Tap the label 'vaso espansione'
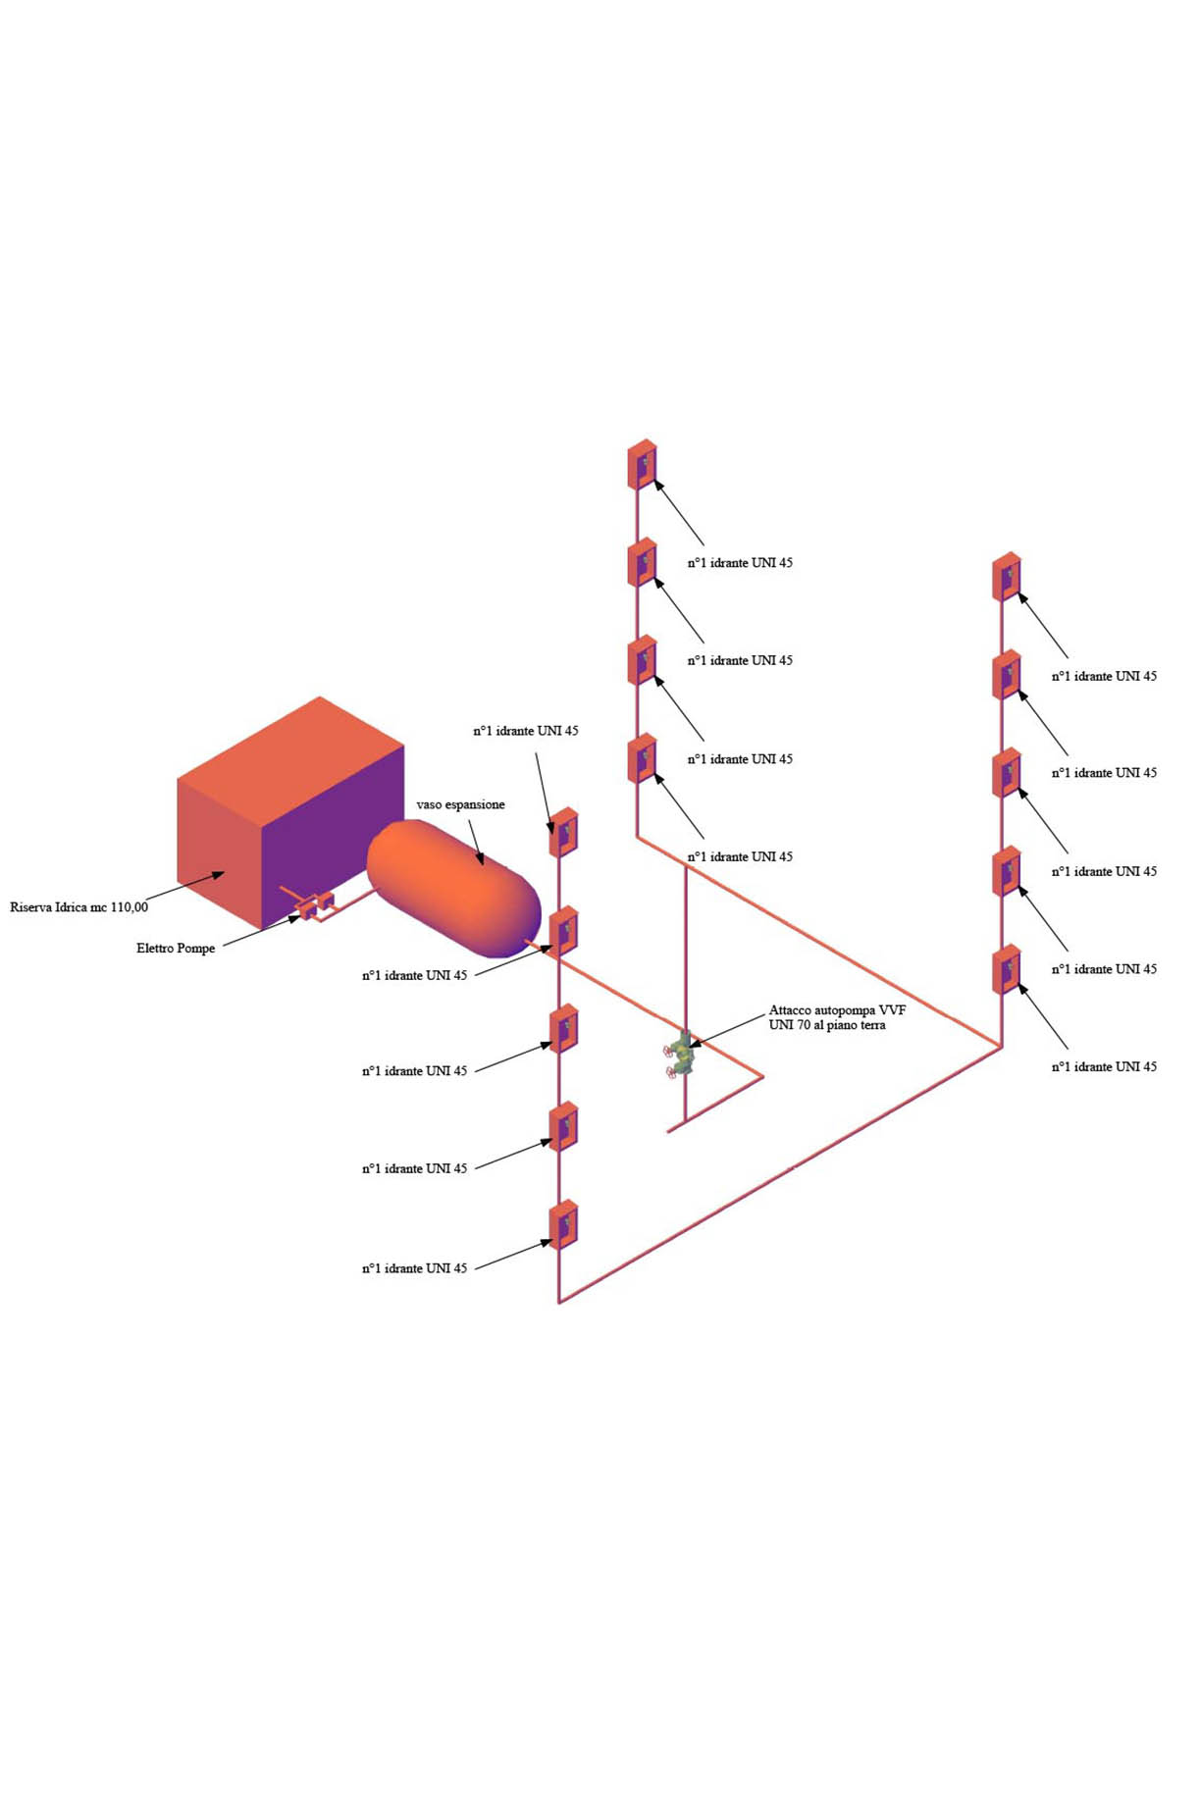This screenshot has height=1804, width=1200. pos(460,804)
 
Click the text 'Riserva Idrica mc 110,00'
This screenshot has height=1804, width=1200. pos(79,907)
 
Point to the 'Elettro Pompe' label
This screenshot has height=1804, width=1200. pos(176,949)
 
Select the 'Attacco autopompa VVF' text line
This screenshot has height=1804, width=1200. pos(837,1010)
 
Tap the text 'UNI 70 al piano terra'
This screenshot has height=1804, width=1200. pos(827,1025)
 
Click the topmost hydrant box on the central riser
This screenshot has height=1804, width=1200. pos(642,464)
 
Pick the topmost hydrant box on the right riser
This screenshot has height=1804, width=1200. pos(1007,577)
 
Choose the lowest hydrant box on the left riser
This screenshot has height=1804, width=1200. pos(563,1224)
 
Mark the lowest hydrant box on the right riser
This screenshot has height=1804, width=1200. pos(1007,969)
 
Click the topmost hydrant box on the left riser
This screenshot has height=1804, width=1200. pos(563,832)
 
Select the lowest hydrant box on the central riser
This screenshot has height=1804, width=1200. pos(642,758)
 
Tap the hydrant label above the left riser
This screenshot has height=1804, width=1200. pos(526,731)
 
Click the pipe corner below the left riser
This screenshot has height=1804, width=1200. pos(559,1302)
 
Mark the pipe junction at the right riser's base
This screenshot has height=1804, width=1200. pos(1001,1047)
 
